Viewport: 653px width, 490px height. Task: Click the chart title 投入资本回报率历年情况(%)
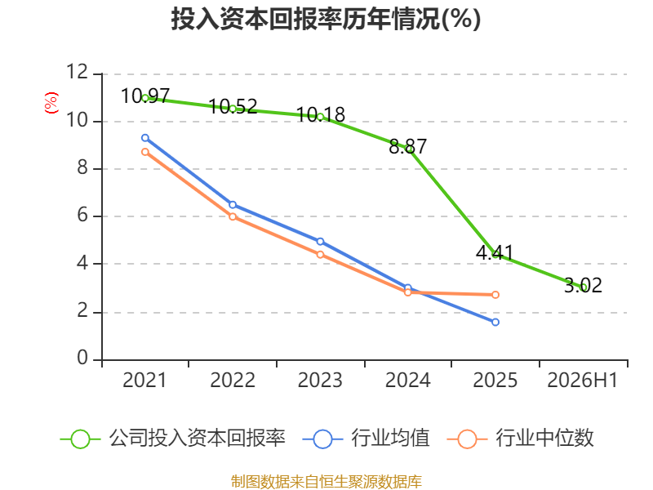point(326,19)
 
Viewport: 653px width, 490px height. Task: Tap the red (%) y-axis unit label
point(51,103)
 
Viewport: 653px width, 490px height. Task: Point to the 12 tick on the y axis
point(77,72)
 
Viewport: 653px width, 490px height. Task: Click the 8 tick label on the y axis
point(82,167)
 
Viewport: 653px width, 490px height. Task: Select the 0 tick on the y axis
point(82,358)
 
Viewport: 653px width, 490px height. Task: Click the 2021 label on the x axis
point(144,381)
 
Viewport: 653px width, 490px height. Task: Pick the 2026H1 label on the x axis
point(582,381)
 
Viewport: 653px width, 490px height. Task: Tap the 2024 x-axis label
point(407,381)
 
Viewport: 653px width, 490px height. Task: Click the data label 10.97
point(145,96)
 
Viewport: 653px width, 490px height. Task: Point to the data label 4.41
point(495,253)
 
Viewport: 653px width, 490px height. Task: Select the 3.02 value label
point(583,285)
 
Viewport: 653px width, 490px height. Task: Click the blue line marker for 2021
point(145,138)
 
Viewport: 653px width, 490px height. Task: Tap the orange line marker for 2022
point(233,216)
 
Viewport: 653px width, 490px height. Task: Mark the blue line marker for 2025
point(495,322)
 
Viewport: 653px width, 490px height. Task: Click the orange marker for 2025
point(495,295)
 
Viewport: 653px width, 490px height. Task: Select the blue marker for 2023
point(320,242)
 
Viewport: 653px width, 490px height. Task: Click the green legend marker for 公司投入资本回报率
point(80,439)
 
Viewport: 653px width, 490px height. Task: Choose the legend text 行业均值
point(390,439)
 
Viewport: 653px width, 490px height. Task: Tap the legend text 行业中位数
point(544,439)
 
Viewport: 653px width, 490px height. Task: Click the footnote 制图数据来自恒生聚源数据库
point(326,482)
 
